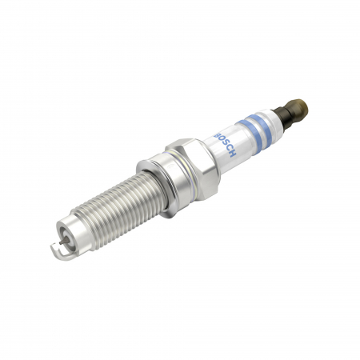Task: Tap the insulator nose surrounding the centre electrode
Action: (x=68, y=238)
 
